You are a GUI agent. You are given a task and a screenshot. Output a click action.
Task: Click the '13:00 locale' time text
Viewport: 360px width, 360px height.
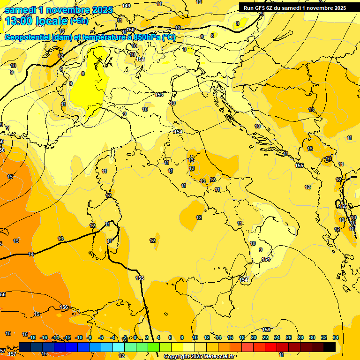click(x=36, y=21)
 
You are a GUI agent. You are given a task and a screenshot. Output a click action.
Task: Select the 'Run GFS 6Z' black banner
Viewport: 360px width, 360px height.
click(x=295, y=7)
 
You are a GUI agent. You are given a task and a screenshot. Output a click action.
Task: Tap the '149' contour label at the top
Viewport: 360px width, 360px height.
click(x=126, y=6)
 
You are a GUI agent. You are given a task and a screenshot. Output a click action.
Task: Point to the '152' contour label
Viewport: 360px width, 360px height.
click(x=140, y=60)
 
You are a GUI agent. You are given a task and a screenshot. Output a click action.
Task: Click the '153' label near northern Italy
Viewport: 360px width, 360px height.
click(x=159, y=95)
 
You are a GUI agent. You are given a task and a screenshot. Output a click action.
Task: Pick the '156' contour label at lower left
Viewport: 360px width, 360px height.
click(x=64, y=307)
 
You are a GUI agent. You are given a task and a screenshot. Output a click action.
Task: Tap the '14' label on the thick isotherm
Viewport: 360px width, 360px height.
click(x=31, y=254)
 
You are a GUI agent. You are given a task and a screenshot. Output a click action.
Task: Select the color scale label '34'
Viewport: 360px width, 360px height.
click(x=336, y=337)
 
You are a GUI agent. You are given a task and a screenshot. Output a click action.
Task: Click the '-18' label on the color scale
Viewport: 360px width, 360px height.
click(x=32, y=337)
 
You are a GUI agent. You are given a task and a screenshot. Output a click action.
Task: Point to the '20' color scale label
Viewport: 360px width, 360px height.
click(x=254, y=337)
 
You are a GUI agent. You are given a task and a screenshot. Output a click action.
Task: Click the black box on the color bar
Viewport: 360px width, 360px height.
click(x=330, y=347)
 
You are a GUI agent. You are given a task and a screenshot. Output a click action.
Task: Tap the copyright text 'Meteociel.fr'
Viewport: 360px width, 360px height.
click(x=218, y=356)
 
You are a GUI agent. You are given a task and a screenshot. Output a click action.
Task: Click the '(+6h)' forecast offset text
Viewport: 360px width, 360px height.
click(x=79, y=21)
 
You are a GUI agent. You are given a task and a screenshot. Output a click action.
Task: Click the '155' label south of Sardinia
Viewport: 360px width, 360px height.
click(x=140, y=278)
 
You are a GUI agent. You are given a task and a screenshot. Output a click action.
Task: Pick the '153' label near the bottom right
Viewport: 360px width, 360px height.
click(x=267, y=330)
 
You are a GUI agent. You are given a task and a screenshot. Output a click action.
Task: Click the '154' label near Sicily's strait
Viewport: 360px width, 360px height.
click(x=244, y=280)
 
